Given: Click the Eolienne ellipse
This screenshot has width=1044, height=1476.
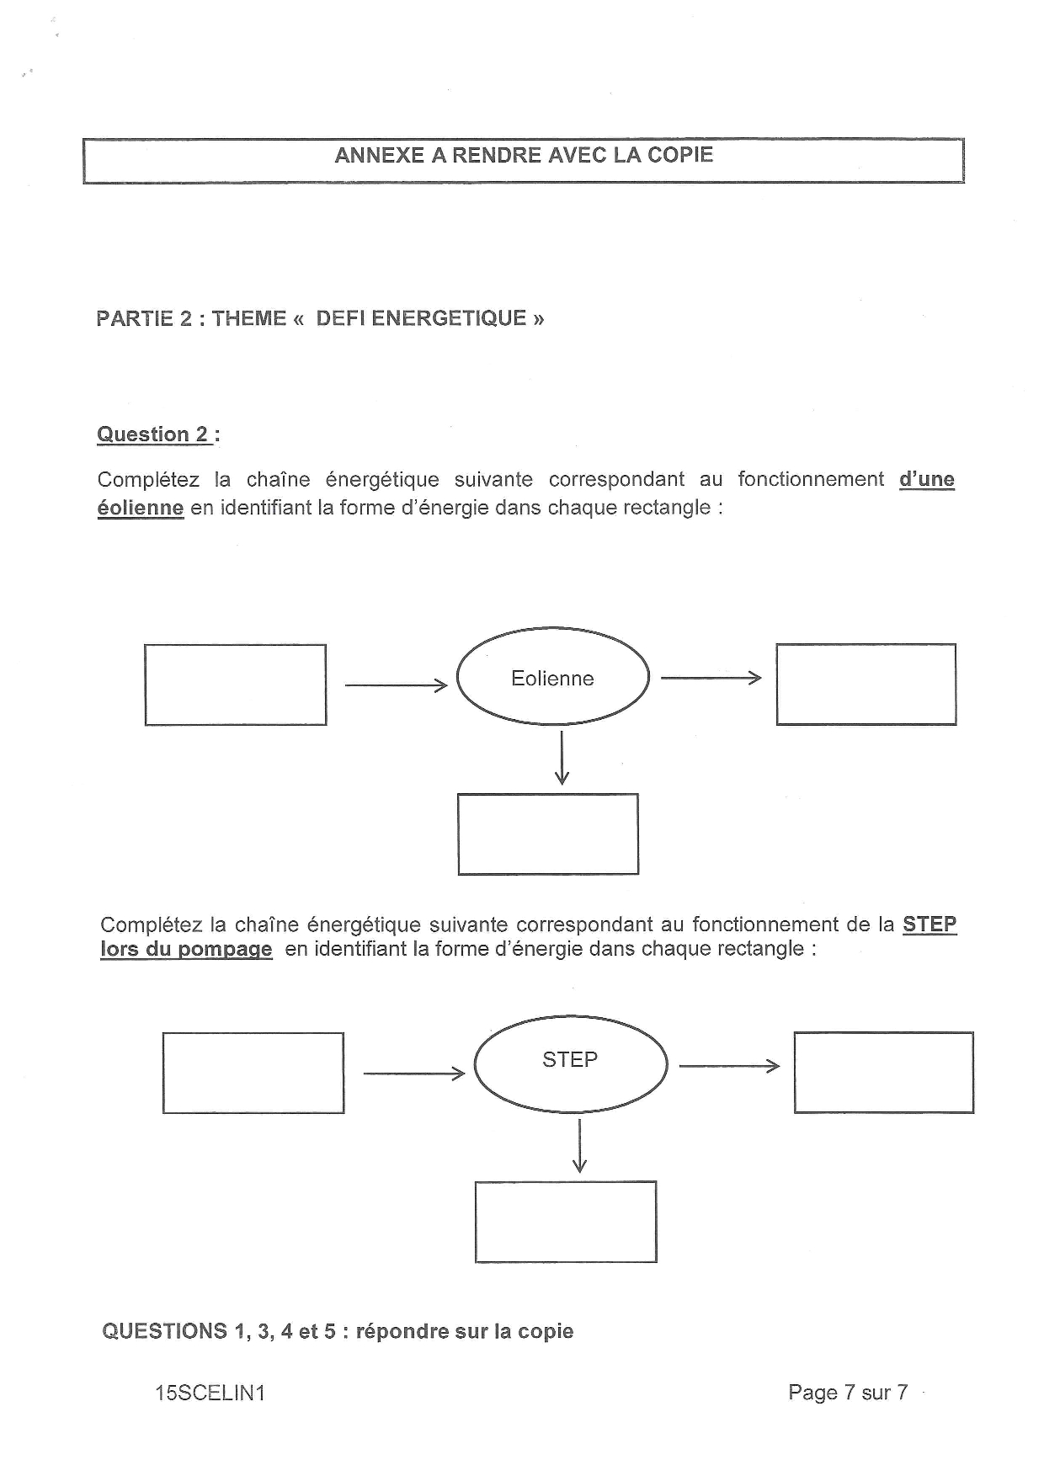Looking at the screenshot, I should [552, 677].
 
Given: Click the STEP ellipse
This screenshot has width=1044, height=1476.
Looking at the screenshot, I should [570, 1064].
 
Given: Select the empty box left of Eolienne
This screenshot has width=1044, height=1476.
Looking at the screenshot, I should [235, 685].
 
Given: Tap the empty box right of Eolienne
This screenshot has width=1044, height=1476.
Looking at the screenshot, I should [866, 684].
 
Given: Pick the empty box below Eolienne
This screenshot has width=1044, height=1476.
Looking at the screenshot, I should [548, 834].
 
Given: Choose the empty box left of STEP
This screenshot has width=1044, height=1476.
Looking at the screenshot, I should [253, 1073].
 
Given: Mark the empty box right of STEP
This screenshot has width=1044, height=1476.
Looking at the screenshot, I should [883, 1072].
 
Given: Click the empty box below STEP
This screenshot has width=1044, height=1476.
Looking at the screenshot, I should [566, 1221].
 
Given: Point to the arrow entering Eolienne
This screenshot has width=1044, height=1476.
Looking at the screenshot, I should [396, 685].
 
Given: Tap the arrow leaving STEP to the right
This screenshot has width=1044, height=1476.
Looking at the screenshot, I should [729, 1067].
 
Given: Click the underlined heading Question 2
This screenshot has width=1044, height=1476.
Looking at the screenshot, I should [154, 434].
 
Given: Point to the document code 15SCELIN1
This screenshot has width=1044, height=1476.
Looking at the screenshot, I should [210, 1393].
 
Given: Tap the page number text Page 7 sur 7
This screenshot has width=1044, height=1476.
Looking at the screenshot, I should [847, 1392].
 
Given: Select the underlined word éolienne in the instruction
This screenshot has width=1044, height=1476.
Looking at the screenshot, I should [140, 508].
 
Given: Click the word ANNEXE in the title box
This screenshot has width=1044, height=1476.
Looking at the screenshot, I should [378, 155].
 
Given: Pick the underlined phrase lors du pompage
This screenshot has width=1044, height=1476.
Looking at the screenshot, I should [186, 949].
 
